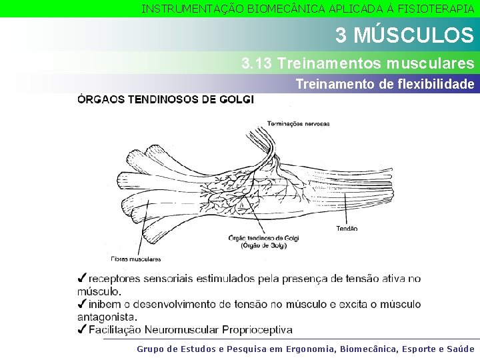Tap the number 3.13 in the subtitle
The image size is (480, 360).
(x=257, y=64)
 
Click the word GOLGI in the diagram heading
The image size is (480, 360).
(x=237, y=100)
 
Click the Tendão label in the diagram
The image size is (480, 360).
(x=347, y=228)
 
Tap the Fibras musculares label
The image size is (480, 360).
(x=135, y=259)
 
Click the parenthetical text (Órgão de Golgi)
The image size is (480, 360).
(x=263, y=246)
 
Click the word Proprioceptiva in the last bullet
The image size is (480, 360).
(x=257, y=330)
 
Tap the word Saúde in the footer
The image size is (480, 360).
(x=461, y=349)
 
